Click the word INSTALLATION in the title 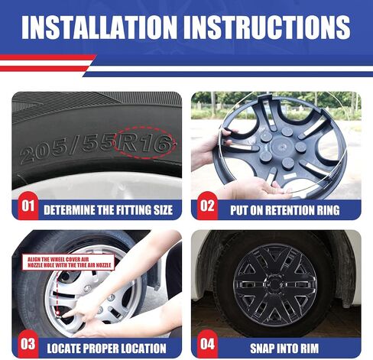coord(99,28)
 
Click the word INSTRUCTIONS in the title coord(267,28)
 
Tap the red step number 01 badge coord(28,206)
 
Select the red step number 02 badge coord(207,206)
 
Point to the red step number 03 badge coord(28,344)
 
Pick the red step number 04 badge coord(207,344)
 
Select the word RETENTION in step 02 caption coord(289,210)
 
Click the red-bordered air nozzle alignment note coord(68,262)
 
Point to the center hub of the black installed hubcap coord(274,284)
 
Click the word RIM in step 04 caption coord(309,349)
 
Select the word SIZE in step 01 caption coord(163,210)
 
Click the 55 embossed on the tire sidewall coord(98,145)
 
